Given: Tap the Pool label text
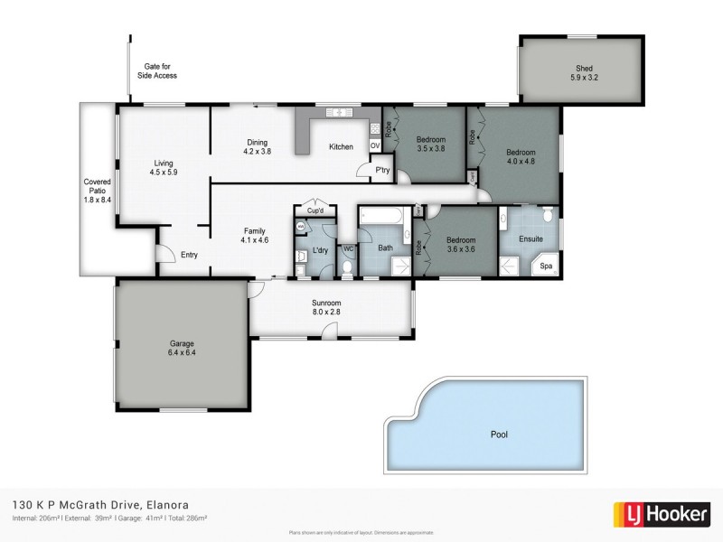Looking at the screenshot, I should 499,435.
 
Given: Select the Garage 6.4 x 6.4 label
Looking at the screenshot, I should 182,348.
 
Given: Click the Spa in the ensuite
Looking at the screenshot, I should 545,267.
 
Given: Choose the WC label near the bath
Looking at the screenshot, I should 347,248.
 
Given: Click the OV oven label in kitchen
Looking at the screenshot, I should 375,146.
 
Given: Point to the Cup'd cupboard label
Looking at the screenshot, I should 315,210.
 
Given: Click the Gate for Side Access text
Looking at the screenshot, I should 161,71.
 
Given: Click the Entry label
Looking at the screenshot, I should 189,255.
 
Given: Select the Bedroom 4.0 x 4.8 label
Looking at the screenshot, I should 521,157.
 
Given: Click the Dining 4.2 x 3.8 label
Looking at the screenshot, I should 258,146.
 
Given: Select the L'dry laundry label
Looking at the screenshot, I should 319,248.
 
